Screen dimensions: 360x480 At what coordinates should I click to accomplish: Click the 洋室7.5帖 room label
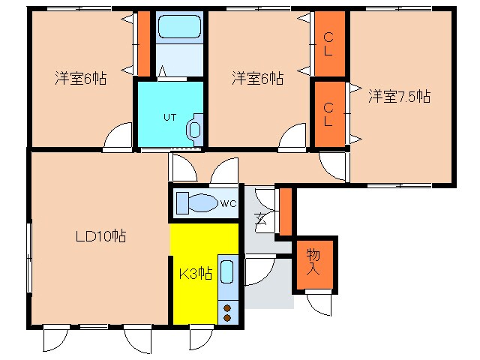point(398,96)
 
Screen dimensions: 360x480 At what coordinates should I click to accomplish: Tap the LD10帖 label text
point(100,236)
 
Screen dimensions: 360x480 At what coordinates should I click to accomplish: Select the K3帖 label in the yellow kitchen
point(194,274)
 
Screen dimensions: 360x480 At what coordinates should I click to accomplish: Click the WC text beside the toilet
point(229,202)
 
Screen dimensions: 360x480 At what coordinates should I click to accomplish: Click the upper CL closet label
point(328,43)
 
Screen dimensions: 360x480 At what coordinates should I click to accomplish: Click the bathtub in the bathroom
point(179,29)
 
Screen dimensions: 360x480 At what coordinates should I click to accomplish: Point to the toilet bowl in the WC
point(198,202)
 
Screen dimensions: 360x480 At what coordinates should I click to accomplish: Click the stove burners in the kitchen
point(227,311)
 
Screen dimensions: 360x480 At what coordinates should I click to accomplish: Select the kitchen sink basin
point(229,274)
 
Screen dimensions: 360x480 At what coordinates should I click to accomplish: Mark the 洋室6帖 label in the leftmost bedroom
point(79,78)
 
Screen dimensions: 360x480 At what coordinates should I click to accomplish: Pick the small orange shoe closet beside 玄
point(285,212)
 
